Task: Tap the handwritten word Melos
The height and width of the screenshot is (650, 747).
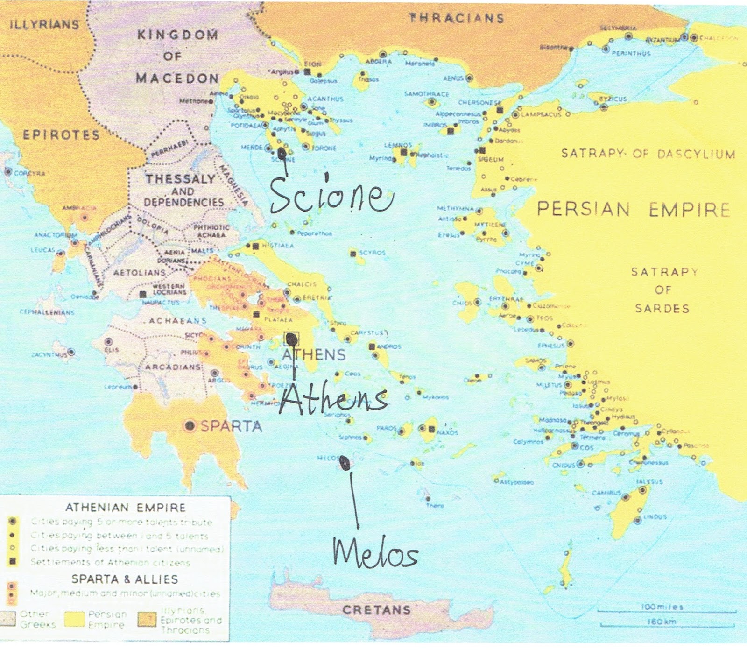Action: (x=375, y=553)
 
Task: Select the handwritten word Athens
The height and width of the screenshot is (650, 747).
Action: (x=333, y=400)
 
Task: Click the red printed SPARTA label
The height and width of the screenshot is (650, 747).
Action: (x=231, y=426)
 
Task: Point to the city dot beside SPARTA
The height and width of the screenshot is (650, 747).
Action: (x=190, y=426)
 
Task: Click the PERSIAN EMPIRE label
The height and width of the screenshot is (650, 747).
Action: (x=633, y=210)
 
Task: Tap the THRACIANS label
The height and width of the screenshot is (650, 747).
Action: (x=457, y=18)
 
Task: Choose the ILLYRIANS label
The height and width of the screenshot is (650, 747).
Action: (x=44, y=25)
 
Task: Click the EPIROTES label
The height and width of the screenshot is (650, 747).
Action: (x=61, y=135)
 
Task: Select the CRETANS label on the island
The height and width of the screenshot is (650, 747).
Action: (x=376, y=610)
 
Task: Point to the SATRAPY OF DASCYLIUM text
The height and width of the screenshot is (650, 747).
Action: (x=648, y=154)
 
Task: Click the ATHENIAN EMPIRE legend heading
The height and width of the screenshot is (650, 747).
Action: (x=125, y=508)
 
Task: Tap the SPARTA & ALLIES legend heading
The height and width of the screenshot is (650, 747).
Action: (x=125, y=579)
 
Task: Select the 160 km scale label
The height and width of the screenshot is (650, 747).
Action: (x=662, y=622)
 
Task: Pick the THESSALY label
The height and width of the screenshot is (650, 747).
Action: (x=180, y=179)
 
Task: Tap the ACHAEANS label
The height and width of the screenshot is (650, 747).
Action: (x=177, y=321)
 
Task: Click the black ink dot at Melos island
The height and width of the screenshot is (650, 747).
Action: (x=345, y=463)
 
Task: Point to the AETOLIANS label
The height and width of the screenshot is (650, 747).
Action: (x=139, y=272)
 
